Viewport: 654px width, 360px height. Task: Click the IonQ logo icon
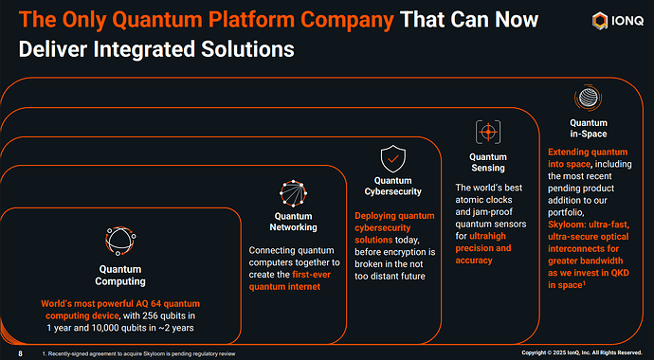pyautogui.click(x=600, y=21)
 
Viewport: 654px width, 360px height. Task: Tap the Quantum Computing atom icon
pyautogui.click(x=120, y=241)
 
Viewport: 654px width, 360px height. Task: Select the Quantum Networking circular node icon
pyautogui.click(x=293, y=194)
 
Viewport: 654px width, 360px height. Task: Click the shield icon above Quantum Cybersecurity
pyautogui.click(x=393, y=159)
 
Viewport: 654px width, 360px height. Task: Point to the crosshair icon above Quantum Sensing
pyautogui.click(x=488, y=132)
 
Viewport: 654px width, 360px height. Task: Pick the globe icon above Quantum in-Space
pyautogui.click(x=588, y=98)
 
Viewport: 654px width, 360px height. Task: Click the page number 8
pyautogui.click(x=21, y=353)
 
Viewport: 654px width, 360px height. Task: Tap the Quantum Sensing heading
pyautogui.click(x=488, y=163)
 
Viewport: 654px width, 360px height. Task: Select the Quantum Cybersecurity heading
pyautogui.click(x=393, y=186)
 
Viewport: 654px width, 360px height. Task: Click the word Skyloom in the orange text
pyautogui.click(x=566, y=225)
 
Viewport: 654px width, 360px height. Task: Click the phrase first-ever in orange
pyautogui.click(x=311, y=275)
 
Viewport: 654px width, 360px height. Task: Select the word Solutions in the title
pyautogui.click(x=247, y=49)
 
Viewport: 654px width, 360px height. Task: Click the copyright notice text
pyautogui.click(x=582, y=353)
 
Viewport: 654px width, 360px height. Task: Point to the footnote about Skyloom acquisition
pyautogui.click(x=139, y=353)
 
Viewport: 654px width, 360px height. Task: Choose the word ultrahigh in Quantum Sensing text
pyautogui.click(x=487, y=236)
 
